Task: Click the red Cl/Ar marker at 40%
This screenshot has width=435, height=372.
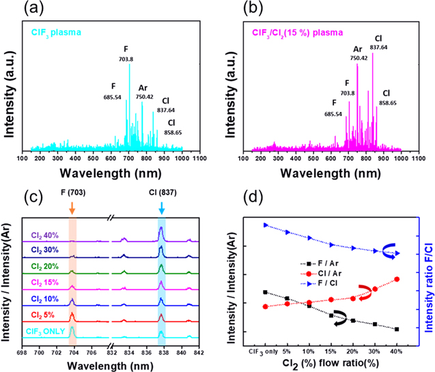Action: click(x=397, y=279)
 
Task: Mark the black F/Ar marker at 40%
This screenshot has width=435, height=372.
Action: click(x=397, y=329)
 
